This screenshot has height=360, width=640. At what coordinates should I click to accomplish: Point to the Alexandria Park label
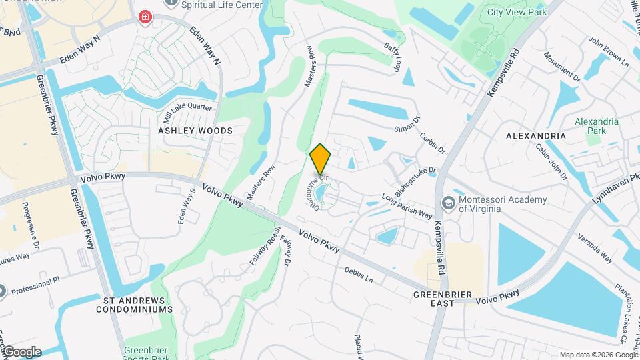tap(597, 127)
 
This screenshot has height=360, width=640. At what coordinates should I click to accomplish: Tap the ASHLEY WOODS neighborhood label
tap(195, 131)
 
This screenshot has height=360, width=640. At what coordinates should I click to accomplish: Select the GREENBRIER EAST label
tap(443, 298)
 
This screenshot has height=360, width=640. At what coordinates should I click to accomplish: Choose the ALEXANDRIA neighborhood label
tap(536, 136)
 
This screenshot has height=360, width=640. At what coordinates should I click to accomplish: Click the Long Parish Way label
tap(407, 205)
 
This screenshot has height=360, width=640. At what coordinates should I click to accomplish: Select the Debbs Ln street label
tap(359, 275)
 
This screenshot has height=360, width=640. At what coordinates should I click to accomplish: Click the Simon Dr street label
tap(407, 123)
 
